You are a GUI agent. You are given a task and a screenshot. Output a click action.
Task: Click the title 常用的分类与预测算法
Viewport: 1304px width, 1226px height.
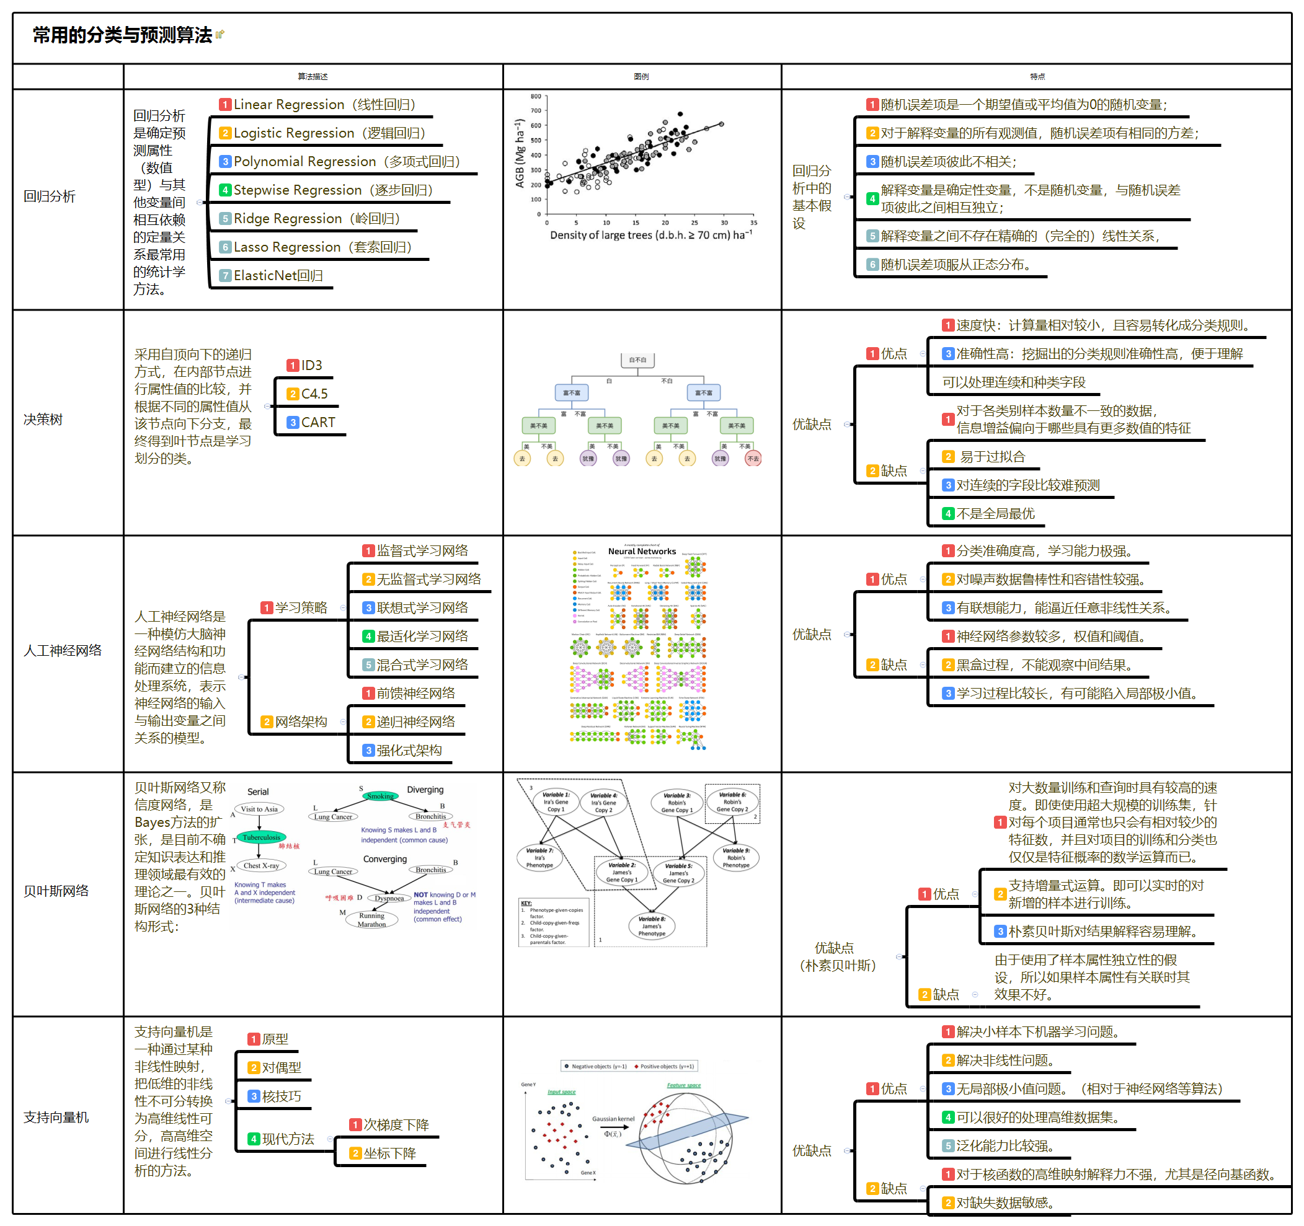coord(122,35)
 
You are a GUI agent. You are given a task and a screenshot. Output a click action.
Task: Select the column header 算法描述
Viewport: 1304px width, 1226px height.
coord(313,77)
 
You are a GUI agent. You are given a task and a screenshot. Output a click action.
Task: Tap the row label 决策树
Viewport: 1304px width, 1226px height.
coord(43,420)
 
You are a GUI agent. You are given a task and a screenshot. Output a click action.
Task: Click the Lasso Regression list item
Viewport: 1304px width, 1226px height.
coord(321,247)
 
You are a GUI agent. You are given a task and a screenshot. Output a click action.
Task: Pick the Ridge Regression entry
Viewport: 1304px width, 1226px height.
coord(316,218)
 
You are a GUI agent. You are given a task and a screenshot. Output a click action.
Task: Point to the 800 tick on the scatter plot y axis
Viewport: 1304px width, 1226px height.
coord(536,96)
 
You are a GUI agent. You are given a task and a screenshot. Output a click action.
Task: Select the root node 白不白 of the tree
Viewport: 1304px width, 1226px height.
coord(637,360)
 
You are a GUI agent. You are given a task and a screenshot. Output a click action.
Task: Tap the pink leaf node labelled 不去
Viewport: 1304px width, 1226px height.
coord(753,459)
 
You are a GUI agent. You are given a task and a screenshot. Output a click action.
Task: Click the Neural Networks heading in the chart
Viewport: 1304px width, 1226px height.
coord(642,552)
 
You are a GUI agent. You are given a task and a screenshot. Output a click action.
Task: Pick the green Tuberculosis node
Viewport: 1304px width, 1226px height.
coord(261,837)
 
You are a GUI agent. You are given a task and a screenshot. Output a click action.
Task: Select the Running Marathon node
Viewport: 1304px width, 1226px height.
coord(371,920)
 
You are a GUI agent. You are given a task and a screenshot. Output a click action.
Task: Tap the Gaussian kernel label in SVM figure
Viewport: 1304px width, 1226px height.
coord(613,1119)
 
